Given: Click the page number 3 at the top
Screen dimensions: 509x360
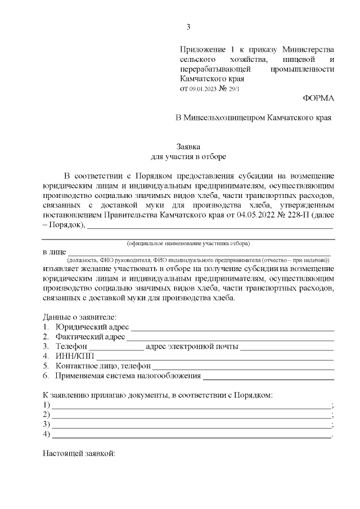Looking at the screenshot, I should point(188,27).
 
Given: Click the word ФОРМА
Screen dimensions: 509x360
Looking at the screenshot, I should point(318,98).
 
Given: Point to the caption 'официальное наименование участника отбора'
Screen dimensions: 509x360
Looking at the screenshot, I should point(188,244).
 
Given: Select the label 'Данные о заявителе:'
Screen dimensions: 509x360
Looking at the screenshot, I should point(79,317).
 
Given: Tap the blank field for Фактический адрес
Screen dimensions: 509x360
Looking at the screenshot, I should point(230,339).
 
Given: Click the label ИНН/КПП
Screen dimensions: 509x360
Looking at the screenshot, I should point(75,356).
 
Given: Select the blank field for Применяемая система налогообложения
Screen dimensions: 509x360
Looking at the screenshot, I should point(269,377).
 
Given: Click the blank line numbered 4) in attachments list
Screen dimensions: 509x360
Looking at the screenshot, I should point(191,435).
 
